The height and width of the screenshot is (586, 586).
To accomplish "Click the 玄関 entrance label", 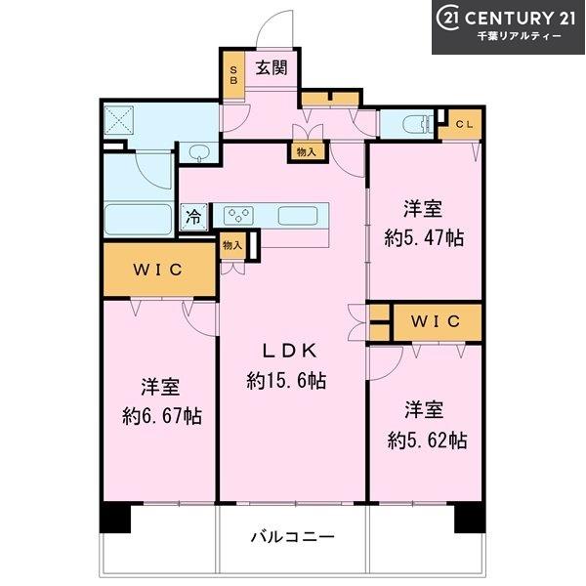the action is (x=272, y=68).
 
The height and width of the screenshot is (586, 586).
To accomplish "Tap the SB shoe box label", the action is (x=233, y=75).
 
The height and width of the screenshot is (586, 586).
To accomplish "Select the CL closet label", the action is (x=464, y=124).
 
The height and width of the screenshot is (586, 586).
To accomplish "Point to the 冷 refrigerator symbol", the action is (x=194, y=217).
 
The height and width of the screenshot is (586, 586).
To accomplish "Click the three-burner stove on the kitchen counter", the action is (x=238, y=216).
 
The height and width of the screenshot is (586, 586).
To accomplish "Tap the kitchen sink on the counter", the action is (x=298, y=216).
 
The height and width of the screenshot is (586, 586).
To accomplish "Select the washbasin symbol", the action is (x=199, y=152).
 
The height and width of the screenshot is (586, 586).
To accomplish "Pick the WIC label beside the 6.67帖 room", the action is (x=157, y=270).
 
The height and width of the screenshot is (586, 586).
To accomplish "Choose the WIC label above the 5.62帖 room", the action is (x=436, y=321).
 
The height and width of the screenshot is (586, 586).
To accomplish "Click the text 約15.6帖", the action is (x=286, y=381).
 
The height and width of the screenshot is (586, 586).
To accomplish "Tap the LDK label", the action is (x=290, y=351).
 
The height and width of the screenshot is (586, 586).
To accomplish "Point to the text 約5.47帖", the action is (x=424, y=237).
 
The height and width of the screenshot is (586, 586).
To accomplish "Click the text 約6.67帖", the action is (x=162, y=416).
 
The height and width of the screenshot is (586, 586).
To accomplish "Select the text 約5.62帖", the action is (x=427, y=440).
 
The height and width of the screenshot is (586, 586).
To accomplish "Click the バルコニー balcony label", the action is (x=292, y=537).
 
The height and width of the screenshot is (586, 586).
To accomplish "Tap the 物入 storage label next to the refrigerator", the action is (x=232, y=245).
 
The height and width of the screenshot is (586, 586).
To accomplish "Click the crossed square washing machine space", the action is (x=119, y=119).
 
